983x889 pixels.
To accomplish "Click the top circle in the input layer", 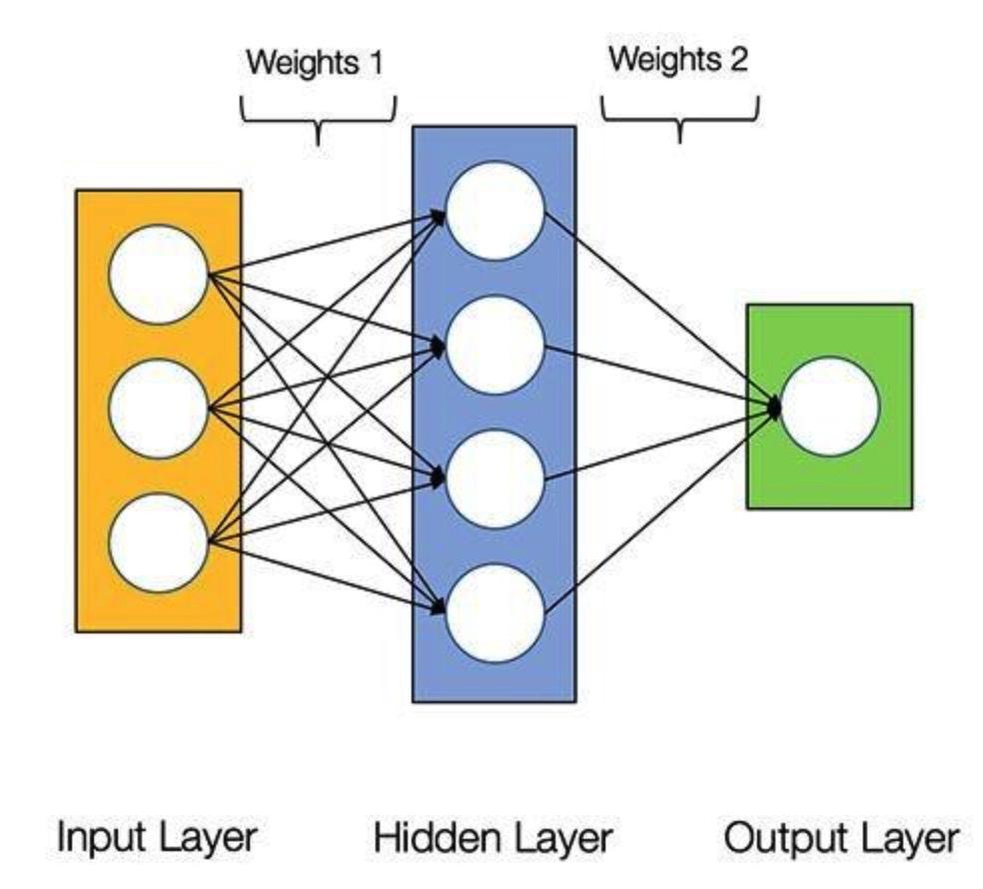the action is [x=158, y=275].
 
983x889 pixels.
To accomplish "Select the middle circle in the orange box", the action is [x=158, y=409].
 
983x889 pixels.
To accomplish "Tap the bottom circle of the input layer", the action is [x=158, y=543].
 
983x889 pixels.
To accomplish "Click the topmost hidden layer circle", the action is [x=494, y=211].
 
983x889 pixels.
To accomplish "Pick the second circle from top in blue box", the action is [x=494, y=346].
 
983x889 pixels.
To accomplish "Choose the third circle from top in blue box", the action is [x=494, y=479].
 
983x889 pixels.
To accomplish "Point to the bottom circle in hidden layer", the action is [x=494, y=613].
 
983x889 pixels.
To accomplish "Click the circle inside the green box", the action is [x=830, y=407].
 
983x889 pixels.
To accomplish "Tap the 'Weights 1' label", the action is [x=314, y=63].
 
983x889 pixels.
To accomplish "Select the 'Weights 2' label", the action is [x=678, y=60].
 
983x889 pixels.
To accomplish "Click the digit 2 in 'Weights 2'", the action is [x=738, y=60].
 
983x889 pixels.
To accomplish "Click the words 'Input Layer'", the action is [x=157, y=838].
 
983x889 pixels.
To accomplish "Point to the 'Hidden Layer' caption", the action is [x=492, y=839].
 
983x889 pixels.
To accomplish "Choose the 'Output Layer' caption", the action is [x=841, y=838].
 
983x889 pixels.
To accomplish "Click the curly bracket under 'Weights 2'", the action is [x=680, y=119].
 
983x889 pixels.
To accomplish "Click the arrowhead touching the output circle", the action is [x=774, y=408].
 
